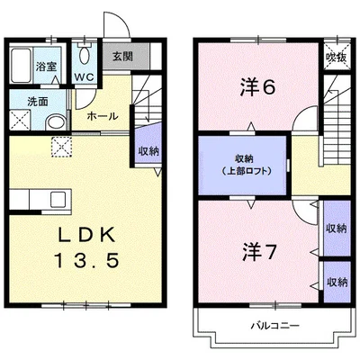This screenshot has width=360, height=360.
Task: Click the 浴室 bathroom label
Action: (x=46, y=66)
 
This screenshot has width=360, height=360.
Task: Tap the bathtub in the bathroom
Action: (x=21, y=66)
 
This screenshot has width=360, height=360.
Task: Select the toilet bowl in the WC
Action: (x=85, y=55)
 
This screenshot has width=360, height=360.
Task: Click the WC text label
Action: (x=85, y=76)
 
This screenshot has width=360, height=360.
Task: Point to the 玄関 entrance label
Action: (x=122, y=57)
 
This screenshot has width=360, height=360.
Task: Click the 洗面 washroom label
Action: (x=38, y=102)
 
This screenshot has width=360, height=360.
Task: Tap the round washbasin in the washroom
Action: (x=57, y=123)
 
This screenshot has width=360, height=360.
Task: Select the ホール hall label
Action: (x=103, y=116)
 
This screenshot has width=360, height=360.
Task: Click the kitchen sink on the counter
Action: (x=58, y=200)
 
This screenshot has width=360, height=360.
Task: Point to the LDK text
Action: (x=86, y=235)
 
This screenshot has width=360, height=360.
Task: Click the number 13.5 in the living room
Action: (x=86, y=260)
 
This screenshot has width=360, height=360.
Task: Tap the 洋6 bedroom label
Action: (x=257, y=87)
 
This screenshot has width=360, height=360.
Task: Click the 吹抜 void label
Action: (x=337, y=57)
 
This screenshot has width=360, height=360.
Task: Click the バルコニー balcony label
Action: (x=275, y=326)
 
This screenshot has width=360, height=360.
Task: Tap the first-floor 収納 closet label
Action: (x=148, y=151)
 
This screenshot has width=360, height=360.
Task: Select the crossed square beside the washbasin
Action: (x=21, y=120)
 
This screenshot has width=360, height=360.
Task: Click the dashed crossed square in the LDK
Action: (x=61, y=147)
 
